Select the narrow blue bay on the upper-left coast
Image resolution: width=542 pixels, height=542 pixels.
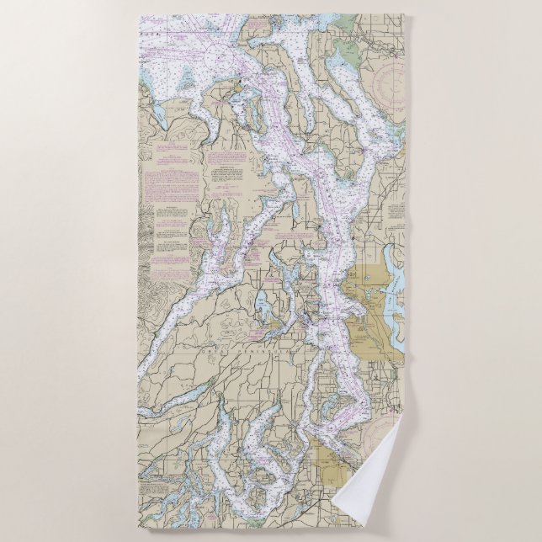pyautogui.click(x=157, y=113)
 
